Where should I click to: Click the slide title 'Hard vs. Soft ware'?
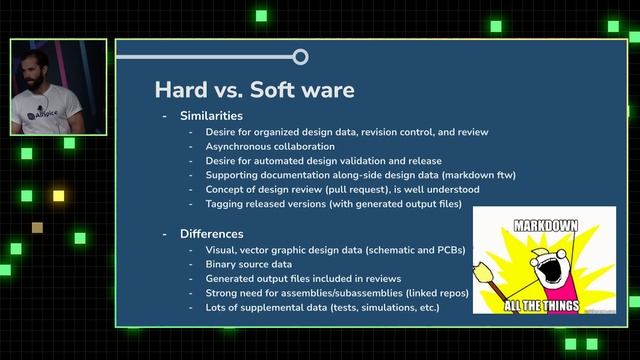(254, 90)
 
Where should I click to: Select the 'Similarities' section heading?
(211, 116)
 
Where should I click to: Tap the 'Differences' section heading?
(211, 233)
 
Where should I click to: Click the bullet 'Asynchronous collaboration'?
(270, 146)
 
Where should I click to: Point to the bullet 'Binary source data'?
(249, 263)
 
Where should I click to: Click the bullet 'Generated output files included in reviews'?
(304, 278)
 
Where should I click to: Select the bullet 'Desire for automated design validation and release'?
(324, 160)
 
